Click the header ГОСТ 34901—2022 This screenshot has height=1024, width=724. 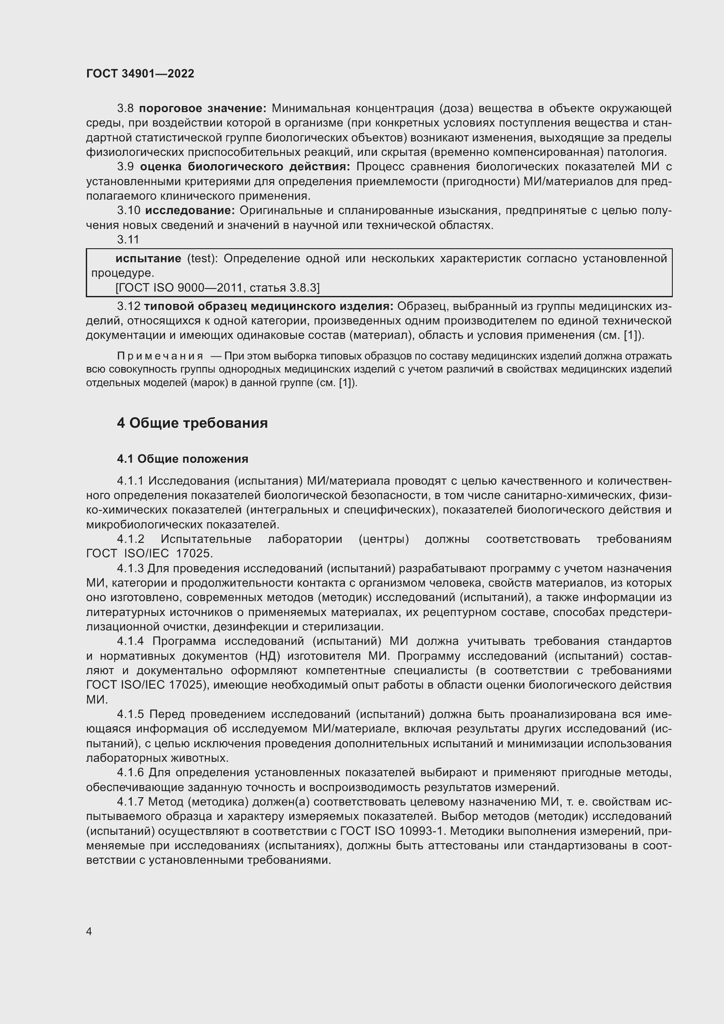pos(140,74)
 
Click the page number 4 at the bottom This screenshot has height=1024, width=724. pos(89,931)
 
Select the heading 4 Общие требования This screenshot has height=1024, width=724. pos(192,423)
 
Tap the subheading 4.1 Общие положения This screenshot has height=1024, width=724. pos(183,458)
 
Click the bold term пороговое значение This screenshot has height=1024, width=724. pos(202,109)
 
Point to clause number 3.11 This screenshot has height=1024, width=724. pos(128,239)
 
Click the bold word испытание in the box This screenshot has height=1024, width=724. pos(148,258)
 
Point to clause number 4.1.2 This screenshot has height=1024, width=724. pos(130,539)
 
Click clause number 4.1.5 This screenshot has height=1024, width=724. pos(130,714)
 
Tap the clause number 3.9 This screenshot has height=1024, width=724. pos(125,167)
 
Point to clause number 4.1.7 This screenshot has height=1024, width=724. pos(130,802)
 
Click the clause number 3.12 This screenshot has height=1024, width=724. pos(128,306)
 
